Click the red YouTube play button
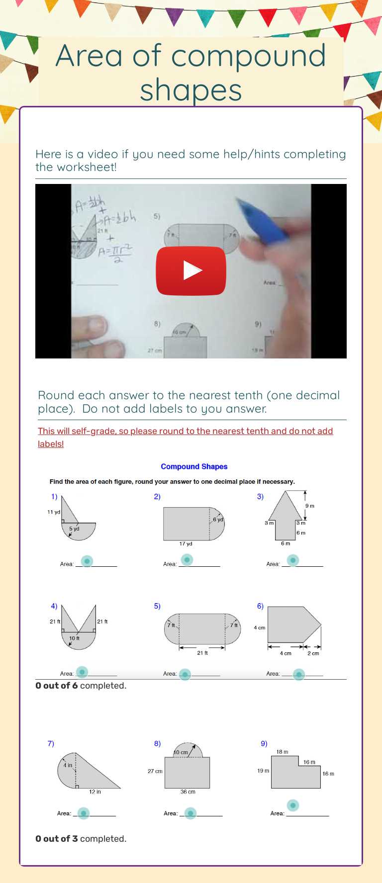[x=191, y=270]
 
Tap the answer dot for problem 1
[x=87, y=561]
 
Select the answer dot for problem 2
[x=187, y=560]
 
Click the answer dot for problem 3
[x=293, y=560]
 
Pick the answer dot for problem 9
[x=293, y=805]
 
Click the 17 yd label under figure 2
[x=186, y=544]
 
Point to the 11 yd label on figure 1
[x=54, y=512]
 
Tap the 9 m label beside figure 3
[x=310, y=506]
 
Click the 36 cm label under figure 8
[x=188, y=792]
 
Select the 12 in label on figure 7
[x=95, y=792]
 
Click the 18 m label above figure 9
[x=283, y=752]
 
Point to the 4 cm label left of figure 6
[x=260, y=628]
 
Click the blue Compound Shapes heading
[x=194, y=466]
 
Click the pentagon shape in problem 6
[x=291, y=624]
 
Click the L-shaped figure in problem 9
[x=291, y=776]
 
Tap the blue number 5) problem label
[x=157, y=606]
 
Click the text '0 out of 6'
[x=57, y=686]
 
